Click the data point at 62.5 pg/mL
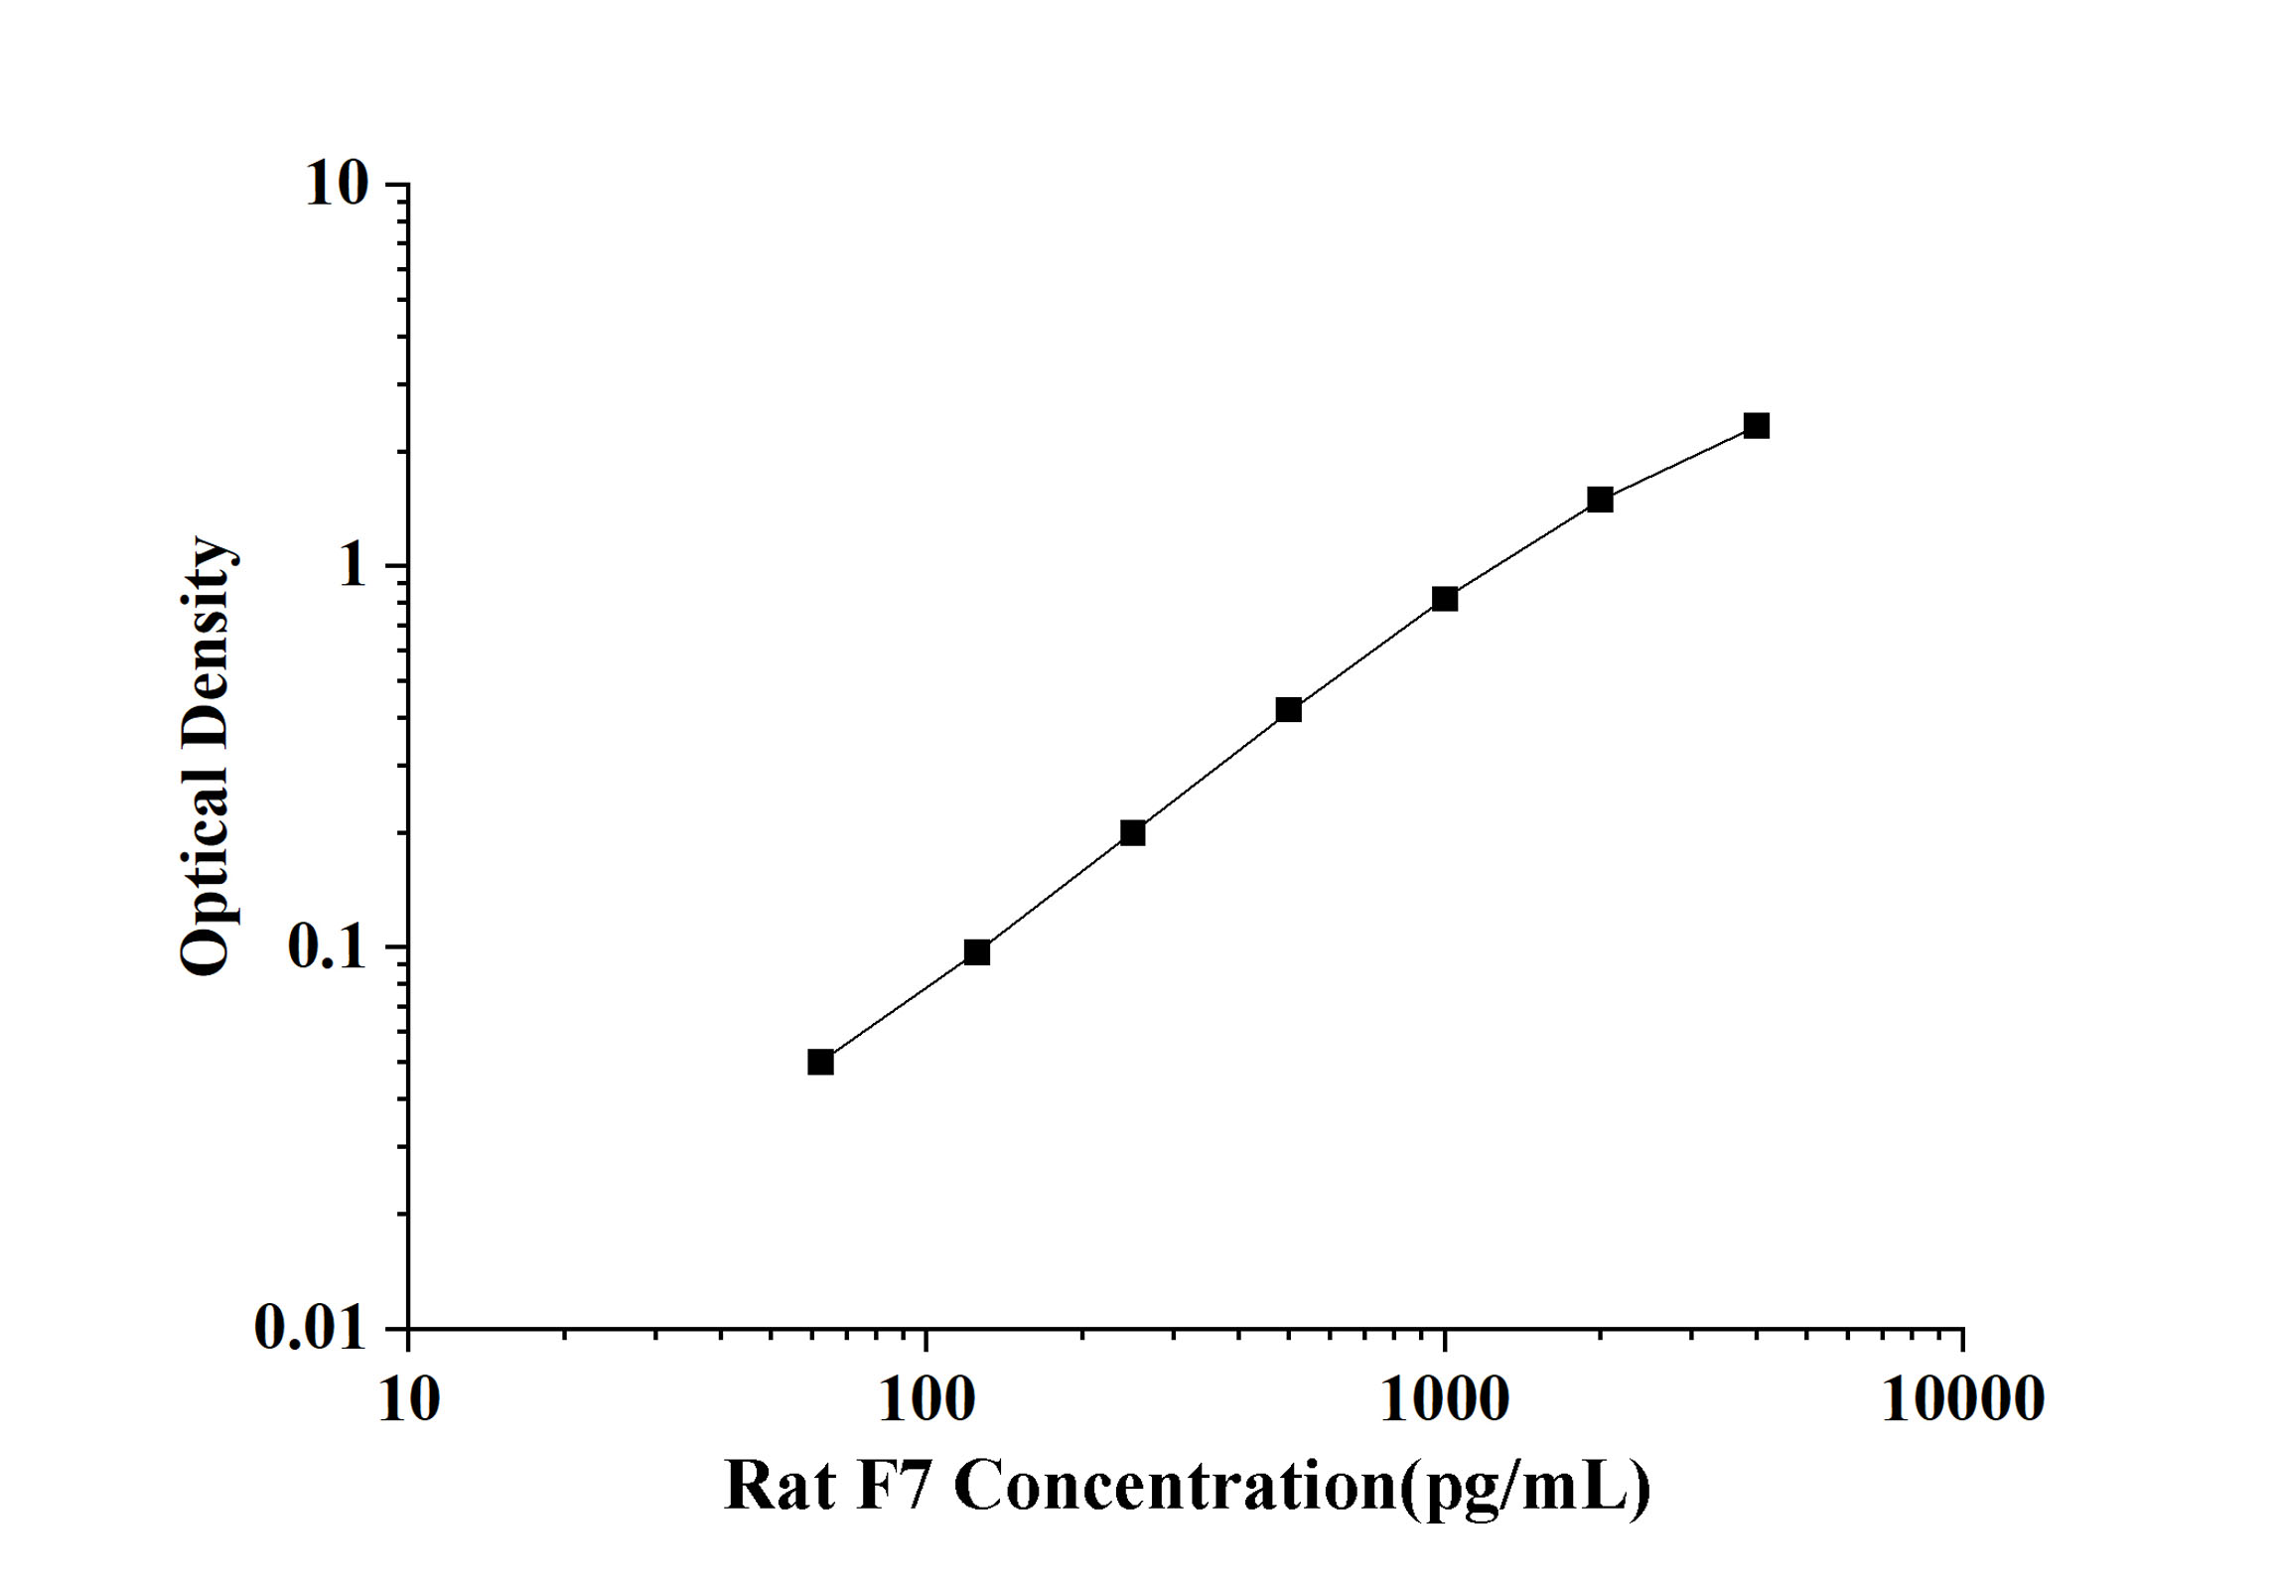(x=820, y=1062)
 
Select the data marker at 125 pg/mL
(x=977, y=952)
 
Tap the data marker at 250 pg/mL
(x=1132, y=832)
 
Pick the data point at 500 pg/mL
(x=1288, y=709)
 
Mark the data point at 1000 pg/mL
(x=1445, y=598)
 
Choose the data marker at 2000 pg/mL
(x=1600, y=500)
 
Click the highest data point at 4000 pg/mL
(x=1757, y=426)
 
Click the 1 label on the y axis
(x=352, y=566)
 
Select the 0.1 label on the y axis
(x=327, y=947)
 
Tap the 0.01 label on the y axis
(x=311, y=1327)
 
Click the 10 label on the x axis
(x=408, y=1400)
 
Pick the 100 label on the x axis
(x=926, y=1400)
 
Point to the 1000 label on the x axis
(x=1445, y=1400)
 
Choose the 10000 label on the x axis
(x=1962, y=1400)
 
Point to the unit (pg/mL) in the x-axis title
(x=1524, y=1487)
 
